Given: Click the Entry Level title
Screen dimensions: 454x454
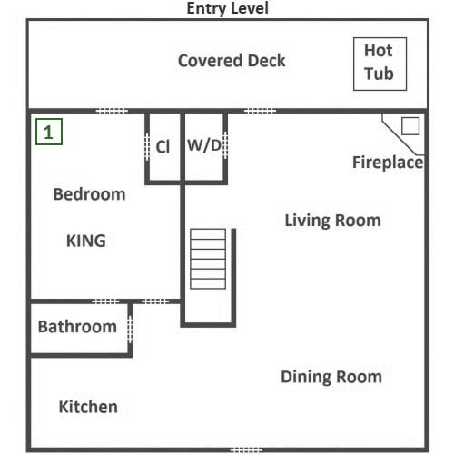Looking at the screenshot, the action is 228,8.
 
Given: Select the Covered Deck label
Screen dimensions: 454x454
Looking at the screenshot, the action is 232,61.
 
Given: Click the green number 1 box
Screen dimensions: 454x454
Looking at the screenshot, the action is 49,132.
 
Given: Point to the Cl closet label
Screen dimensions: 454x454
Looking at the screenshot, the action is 163,147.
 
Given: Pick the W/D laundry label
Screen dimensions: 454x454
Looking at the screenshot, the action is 204,145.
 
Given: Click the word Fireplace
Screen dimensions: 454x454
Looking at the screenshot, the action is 388,163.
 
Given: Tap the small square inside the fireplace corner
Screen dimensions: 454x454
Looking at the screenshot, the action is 410,126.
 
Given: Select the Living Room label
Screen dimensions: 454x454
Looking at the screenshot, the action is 332,221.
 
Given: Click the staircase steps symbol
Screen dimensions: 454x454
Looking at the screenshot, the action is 208,259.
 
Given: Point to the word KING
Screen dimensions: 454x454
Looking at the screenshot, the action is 86,241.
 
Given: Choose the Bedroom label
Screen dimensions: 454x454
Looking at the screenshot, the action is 89,194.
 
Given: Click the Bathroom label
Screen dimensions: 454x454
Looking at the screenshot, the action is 77,327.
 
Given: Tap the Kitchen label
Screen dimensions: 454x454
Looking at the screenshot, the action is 88,407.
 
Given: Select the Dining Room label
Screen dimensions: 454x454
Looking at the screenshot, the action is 331,377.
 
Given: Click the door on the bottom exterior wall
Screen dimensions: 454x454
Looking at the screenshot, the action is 246,449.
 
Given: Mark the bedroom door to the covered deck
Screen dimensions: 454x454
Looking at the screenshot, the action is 112,111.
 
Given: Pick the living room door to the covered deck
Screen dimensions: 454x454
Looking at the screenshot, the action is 260,111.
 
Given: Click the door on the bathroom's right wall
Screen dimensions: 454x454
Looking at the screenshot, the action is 130,330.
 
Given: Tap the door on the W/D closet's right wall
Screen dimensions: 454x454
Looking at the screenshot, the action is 225,145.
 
